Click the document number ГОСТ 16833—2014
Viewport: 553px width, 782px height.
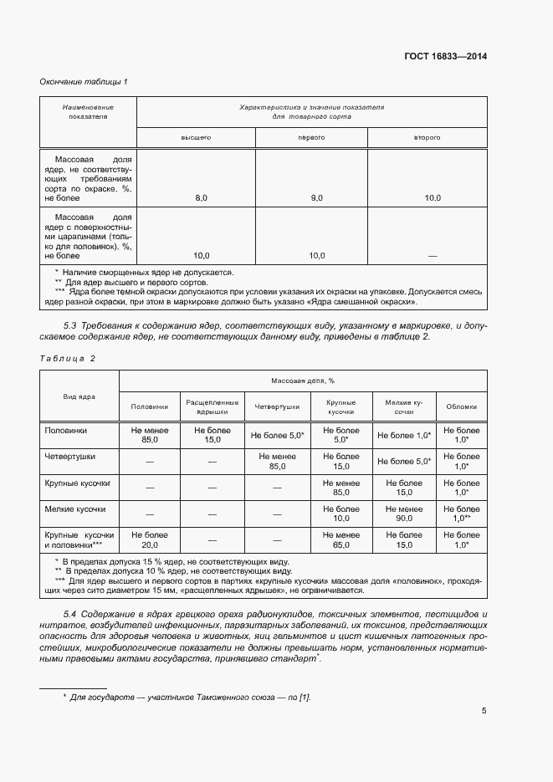tap(446, 57)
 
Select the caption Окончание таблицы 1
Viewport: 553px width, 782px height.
tap(84, 81)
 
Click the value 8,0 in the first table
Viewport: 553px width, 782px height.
tap(201, 198)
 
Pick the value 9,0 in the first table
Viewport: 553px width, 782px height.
tap(316, 198)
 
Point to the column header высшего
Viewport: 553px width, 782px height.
tap(197, 136)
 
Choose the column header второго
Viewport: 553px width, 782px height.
tap(427, 136)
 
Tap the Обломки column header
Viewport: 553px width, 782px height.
tap(462, 406)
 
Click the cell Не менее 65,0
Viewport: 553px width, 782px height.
tap(341, 539)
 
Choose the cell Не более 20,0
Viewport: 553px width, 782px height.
tap(150, 539)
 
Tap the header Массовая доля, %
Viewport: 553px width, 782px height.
tap(302, 381)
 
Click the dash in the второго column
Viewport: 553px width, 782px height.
tap(432, 256)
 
